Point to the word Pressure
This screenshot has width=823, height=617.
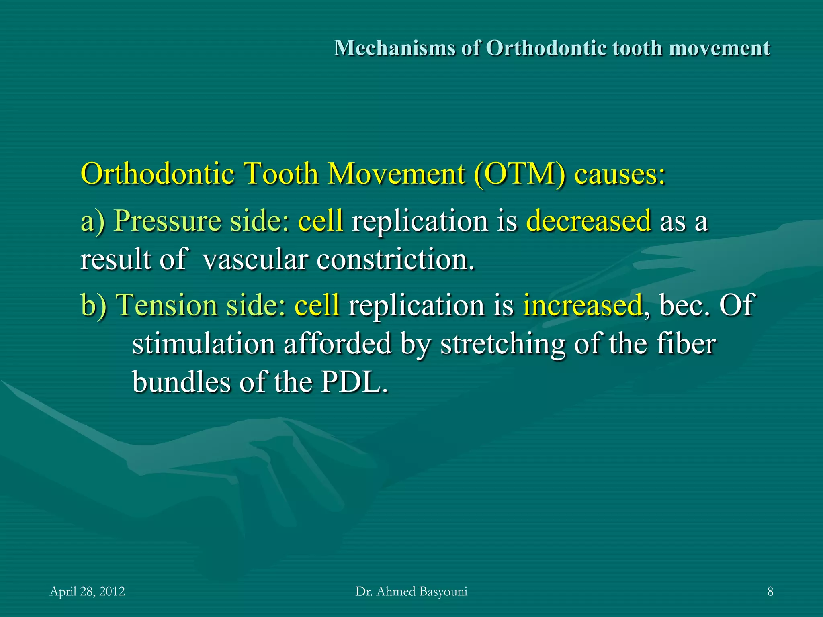[167, 221]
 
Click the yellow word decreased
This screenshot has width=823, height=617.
[588, 221]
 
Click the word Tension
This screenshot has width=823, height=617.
[166, 305]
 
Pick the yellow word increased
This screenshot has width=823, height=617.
[582, 305]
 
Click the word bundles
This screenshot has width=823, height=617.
[181, 382]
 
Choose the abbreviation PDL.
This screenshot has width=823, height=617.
[354, 382]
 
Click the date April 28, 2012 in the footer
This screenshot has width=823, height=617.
[87, 591]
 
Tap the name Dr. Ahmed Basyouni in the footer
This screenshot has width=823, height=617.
[411, 591]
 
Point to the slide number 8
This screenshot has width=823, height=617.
[770, 591]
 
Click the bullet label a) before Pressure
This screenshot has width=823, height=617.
[93, 221]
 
